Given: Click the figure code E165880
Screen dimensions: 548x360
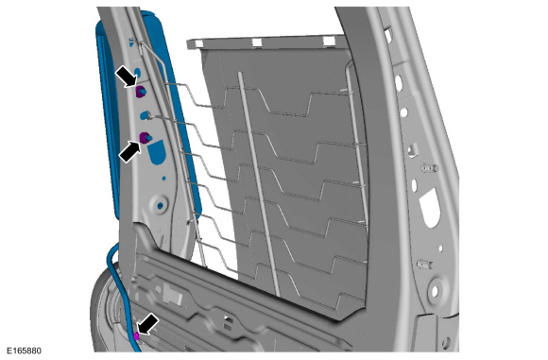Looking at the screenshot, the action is [x=25, y=351].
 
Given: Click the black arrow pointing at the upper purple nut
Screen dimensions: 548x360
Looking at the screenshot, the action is [x=127, y=77].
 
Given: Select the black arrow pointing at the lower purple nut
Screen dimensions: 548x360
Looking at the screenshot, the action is [x=130, y=151].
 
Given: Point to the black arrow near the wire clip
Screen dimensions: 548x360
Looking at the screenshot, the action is [x=147, y=324].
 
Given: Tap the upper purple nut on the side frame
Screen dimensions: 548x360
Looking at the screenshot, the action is [x=141, y=92].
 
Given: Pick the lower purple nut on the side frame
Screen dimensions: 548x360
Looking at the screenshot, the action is [x=145, y=138].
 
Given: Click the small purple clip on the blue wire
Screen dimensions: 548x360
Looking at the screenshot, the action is [x=136, y=335].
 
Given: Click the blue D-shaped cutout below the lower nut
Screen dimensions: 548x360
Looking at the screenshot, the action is [x=156, y=152].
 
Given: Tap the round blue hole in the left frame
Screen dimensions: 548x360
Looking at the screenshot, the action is [x=161, y=206].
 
